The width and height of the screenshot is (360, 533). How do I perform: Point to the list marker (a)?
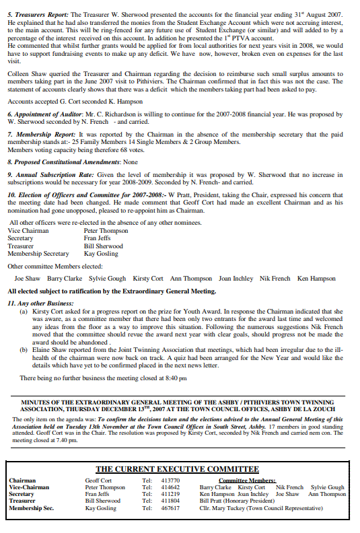[24, 312]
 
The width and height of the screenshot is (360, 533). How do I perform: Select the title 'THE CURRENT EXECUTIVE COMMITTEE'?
[177, 469]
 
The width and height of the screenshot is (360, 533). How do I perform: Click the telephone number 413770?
[172, 481]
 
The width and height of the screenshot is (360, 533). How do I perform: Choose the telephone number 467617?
[172, 508]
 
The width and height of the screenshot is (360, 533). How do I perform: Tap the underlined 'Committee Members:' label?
[247, 481]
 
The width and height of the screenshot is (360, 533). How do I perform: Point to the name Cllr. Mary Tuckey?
[223, 508]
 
